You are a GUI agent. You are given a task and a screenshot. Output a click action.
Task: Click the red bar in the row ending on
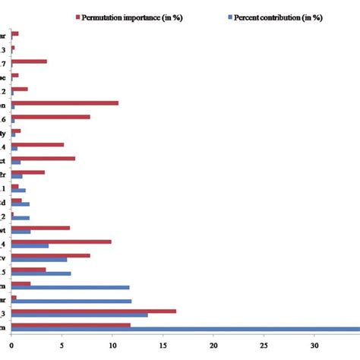tap(65, 103)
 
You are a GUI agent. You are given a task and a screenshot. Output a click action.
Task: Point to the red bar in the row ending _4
tap(61, 242)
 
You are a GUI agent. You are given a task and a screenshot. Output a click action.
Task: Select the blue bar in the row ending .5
tap(41, 273)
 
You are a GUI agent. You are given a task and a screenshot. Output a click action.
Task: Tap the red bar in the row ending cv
tap(50, 255)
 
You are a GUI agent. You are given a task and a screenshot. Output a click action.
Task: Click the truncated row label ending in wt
tap(5, 230)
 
